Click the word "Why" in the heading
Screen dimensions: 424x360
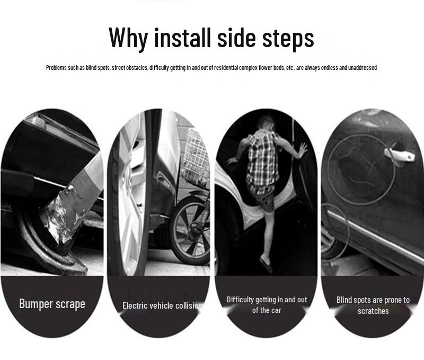pos(128,38)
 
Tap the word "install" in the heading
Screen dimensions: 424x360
pos(182,37)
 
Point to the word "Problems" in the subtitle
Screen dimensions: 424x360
pos(56,68)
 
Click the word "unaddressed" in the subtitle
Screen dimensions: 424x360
pos(363,68)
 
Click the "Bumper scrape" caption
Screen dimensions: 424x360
pos(52,304)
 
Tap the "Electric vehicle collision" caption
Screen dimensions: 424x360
pos(162,305)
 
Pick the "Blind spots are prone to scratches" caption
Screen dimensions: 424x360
pos(373,305)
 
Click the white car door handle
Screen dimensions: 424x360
pos(400,155)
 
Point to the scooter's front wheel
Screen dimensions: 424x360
pos(190,230)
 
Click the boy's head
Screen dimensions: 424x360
pos(266,123)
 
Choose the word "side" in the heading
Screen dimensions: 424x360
pos(236,37)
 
